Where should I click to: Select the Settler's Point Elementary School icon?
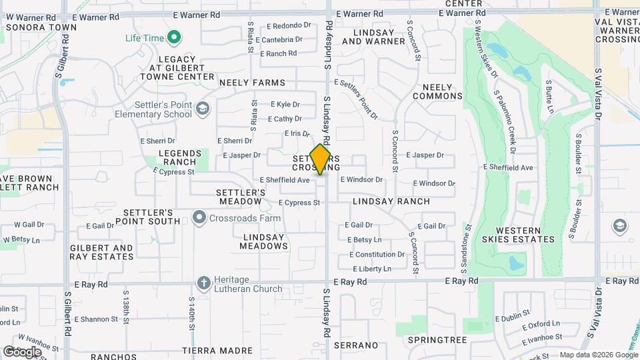(203, 108)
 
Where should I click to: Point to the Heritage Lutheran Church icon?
(204, 283)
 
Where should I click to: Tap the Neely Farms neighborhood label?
(252, 83)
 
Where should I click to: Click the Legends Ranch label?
(177, 157)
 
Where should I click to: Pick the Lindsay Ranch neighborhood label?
(391, 201)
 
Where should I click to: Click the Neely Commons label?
(437, 91)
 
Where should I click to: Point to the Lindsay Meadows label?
(265, 241)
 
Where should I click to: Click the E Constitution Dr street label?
(375, 254)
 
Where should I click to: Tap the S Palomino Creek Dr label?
(505, 117)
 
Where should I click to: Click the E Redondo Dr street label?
(289, 26)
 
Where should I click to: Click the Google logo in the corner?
(22, 351)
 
